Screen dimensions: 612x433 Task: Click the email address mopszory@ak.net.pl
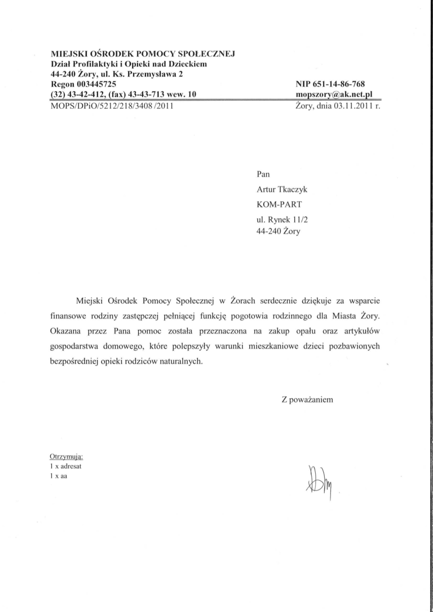coord(335,94)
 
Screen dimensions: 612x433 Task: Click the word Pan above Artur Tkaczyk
coord(263,175)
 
